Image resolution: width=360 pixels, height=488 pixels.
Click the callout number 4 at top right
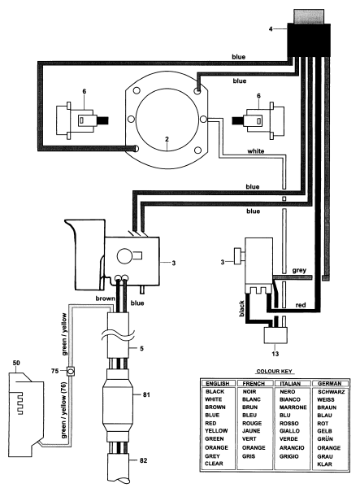coord(271,29)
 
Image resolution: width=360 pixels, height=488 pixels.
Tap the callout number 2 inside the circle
coord(167,139)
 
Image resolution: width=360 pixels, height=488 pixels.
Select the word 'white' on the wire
coord(256,151)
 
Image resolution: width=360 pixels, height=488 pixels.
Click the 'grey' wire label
coord(299,271)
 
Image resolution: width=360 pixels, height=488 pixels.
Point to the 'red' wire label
coord(301,305)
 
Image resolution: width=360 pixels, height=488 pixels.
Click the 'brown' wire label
coord(105,298)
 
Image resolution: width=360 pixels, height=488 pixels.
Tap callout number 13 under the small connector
coord(275,354)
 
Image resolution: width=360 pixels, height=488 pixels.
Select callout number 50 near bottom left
coord(16,363)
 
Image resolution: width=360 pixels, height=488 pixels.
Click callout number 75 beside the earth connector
coord(54,371)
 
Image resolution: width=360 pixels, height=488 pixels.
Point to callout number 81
coord(146,394)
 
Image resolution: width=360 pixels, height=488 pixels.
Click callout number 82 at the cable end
coord(143,460)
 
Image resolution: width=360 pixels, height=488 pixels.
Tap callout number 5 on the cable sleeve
coord(141,348)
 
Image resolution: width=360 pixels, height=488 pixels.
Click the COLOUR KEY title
coord(274,372)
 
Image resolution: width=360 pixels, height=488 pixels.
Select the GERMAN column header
coord(330,383)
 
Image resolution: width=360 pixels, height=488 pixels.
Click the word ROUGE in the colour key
coord(252,423)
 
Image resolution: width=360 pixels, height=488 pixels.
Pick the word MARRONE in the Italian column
coord(293,407)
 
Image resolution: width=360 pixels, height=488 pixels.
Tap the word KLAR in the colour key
coord(324,464)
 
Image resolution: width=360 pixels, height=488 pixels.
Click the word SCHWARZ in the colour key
coord(331,392)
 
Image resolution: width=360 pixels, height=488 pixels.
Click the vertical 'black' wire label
coord(242,309)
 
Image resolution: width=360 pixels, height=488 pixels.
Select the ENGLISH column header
coord(218,383)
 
